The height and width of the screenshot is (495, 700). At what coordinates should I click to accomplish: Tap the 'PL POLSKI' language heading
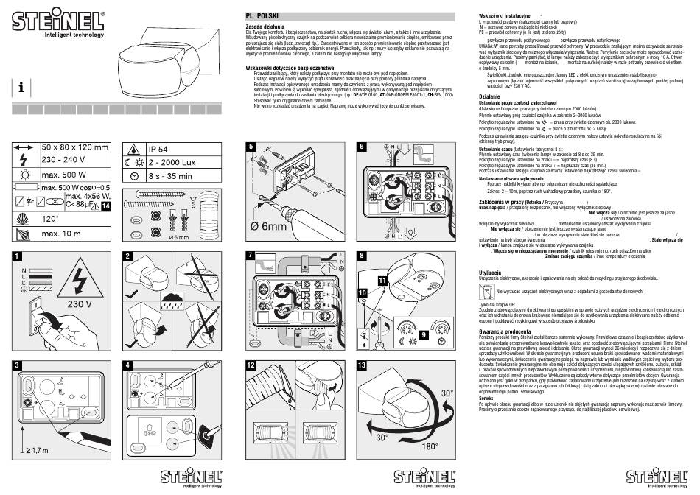point(262,16)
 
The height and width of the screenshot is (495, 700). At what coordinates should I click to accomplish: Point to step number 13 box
point(361,366)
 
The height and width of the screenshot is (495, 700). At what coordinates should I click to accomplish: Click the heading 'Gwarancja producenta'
point(500,332)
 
